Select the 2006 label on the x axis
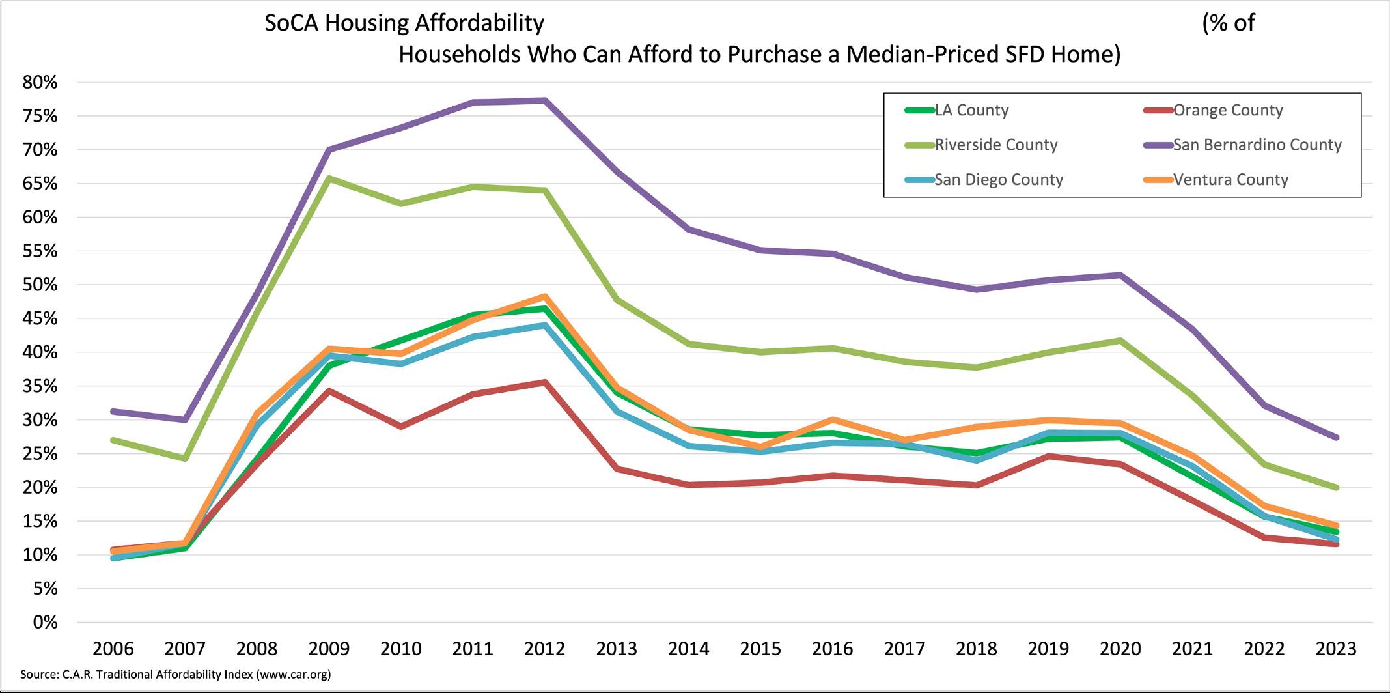113,649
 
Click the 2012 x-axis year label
545,649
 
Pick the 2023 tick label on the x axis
1336,649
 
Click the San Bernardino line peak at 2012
545,100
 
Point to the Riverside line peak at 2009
329,178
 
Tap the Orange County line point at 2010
401,427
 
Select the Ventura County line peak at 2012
545,296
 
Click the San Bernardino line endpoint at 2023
1336,438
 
